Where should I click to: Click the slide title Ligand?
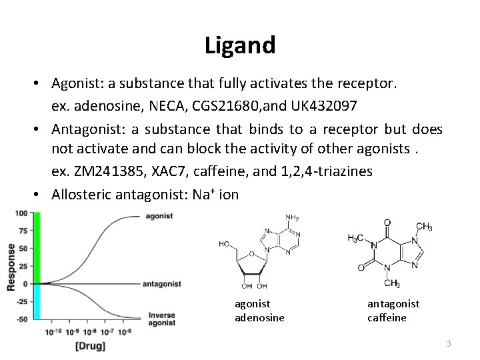coord(240,45)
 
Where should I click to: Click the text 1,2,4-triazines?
coord(325,171)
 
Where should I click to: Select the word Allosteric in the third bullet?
coord(81,195)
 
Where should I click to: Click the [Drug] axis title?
coord(90,346)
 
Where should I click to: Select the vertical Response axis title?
coord(10,266)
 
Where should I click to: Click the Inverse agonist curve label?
coord(162,319)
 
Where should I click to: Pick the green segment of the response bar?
coord(37,247)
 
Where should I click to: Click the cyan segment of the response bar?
coord(37,302)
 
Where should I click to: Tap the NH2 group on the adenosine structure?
coord(293,217)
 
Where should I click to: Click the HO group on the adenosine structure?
coord(226,245)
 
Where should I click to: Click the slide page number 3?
coord(449,343)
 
